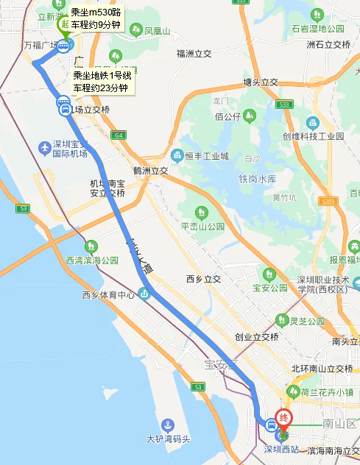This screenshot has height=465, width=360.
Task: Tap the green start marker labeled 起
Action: [64, 24]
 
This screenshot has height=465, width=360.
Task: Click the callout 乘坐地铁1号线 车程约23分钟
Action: [102, 82]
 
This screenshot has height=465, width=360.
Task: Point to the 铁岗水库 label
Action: [257, 180]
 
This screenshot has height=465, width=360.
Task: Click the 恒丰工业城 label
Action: [207, 156]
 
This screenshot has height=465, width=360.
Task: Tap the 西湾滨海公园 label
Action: [92, 260]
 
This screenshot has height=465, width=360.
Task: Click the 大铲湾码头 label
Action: [169, 439]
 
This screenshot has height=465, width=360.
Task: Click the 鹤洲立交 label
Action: [151, 171]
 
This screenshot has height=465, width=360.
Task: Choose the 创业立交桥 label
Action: [256, 337]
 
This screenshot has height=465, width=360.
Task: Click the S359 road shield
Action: [328, 201]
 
